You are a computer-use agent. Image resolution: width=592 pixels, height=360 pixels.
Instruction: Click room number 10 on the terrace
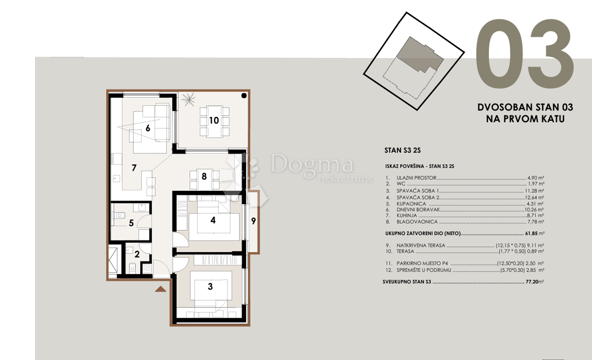pyautogui.click(x=214, y=120)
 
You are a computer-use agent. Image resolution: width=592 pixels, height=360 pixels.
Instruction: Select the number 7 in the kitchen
pyautogui.click(x=134, y=168)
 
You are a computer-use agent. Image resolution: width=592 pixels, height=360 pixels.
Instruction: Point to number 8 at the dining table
pyautogui.click(x=204, y=176)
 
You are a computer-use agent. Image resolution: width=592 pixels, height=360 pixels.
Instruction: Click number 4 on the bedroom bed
pyautogui.click(x=213, y=220)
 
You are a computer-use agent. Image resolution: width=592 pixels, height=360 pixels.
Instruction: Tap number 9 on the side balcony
pyautogui.click(x=253, y=221)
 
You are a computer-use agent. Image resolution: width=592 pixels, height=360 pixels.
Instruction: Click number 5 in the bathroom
pyautogui.click(x=131, y=223)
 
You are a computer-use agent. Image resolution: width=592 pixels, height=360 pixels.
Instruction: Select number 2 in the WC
pyautogui.click(x=137, y=254)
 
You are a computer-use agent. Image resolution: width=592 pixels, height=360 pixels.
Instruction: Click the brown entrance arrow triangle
pyautogui.click(x=161, y=289)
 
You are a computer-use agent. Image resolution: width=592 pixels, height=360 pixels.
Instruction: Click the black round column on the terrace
pyautogui.click(x=244, y=96)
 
